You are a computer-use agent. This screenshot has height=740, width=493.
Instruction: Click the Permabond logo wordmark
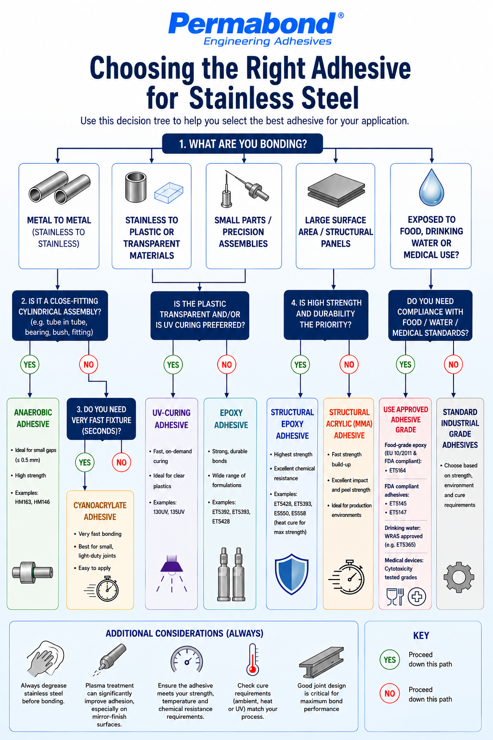252,23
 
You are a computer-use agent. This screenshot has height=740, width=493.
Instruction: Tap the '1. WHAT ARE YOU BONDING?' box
242,144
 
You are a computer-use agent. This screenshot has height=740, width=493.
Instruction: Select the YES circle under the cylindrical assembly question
30,364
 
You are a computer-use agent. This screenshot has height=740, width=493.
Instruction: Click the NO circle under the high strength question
349,364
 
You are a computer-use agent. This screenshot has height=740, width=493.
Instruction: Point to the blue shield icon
292,574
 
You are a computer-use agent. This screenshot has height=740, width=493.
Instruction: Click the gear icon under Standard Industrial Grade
459,577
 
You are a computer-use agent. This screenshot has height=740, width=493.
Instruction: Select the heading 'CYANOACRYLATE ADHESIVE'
100,511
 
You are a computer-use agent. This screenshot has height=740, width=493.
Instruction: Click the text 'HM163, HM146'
32,502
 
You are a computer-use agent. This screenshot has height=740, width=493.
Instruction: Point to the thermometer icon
253,660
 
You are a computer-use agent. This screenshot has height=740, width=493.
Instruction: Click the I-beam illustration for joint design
321,661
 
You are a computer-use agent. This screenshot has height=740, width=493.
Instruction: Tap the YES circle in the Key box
389,660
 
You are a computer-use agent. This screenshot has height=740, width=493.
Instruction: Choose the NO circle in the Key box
389,693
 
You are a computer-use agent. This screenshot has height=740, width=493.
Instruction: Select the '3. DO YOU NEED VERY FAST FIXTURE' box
102,419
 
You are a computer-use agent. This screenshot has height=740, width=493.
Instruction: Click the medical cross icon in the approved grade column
417,596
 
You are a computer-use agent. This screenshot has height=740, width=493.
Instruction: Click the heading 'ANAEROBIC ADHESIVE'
33,418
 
